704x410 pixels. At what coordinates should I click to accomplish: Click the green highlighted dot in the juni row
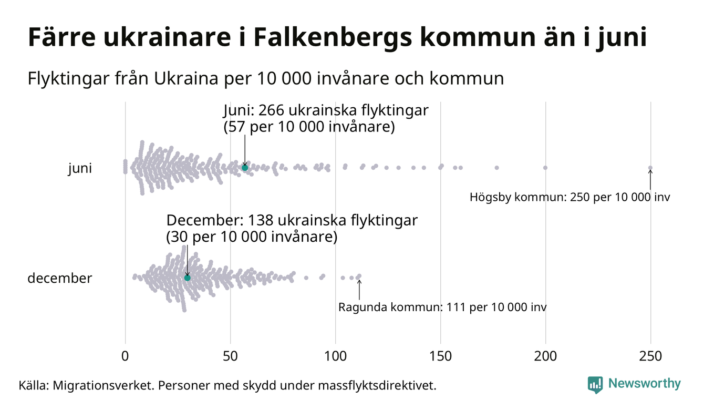click(244, 167)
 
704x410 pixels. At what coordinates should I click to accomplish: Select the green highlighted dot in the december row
click(187, 277)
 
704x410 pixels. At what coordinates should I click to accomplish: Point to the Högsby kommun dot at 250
click(650, 168)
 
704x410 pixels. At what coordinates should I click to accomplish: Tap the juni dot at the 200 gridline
click(545, 168)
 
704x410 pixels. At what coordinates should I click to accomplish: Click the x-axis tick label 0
click(125, 356)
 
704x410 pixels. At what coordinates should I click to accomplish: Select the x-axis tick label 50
click(230, 356)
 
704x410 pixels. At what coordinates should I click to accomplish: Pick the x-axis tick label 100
click(335, 356)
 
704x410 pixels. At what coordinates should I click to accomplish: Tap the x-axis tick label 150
click(440, 356)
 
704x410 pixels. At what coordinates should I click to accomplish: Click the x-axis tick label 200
click(545, 356)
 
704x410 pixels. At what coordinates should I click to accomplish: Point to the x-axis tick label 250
click(650, 356)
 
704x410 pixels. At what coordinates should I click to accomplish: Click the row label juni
click(80, 169)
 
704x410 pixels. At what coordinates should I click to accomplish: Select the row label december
click(59, 278)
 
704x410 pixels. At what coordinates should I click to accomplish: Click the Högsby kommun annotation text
click(570, 198)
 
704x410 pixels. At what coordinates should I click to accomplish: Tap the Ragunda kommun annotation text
click(442, 307)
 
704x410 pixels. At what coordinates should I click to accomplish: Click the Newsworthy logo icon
click(595, 384)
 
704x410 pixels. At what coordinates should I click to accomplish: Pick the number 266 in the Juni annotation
click(271, 111)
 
